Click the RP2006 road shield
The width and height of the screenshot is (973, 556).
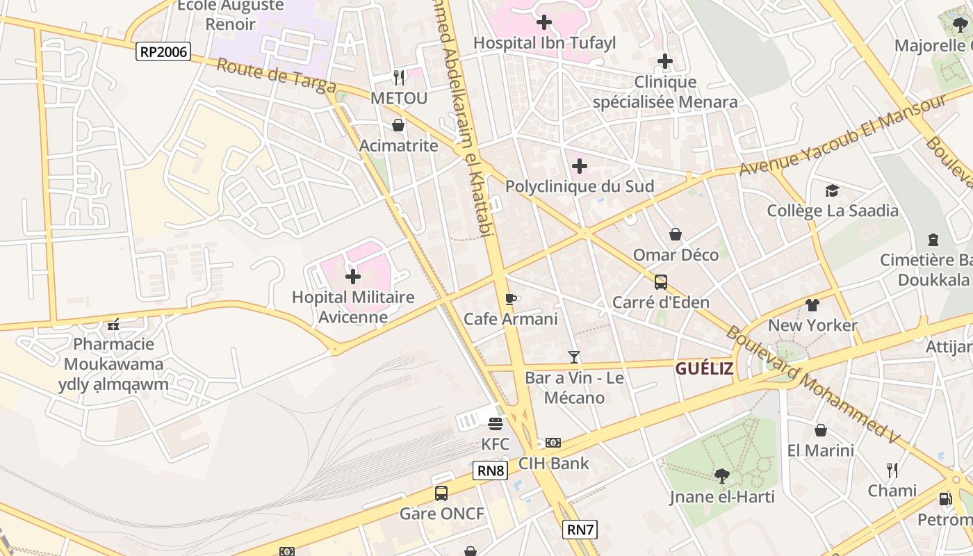pos(163,51)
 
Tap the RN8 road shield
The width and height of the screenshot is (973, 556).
pos(491,471)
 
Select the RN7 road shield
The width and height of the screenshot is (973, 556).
pos(580,530)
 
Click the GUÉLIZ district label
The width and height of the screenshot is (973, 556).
pos(704,368)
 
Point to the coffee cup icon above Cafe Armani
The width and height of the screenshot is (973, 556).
pos(511,299)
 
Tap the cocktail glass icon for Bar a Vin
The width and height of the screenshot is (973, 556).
pos(573,357)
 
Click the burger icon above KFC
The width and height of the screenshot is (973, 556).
pos(496,423)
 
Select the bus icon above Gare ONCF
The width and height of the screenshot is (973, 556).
pos(441,493)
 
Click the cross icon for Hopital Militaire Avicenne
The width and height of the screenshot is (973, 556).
pos(353,277)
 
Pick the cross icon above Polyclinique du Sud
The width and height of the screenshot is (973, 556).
pos(579,166)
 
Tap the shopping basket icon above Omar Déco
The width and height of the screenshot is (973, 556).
pos(675,234)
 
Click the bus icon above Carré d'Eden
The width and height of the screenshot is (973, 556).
pos(661,282)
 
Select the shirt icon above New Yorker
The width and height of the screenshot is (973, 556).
pos(812,304)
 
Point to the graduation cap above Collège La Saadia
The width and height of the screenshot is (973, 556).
pos(832,190)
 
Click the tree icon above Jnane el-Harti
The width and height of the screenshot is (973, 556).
pos(721,476)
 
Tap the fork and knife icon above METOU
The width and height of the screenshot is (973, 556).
pos(399,77)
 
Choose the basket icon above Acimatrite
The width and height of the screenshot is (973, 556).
pos(398,125)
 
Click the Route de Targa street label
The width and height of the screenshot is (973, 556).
pos(276,77)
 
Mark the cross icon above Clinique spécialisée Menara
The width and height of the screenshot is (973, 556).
pos(665,61)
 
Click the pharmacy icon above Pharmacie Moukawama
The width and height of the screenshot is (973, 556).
pos(113,324)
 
